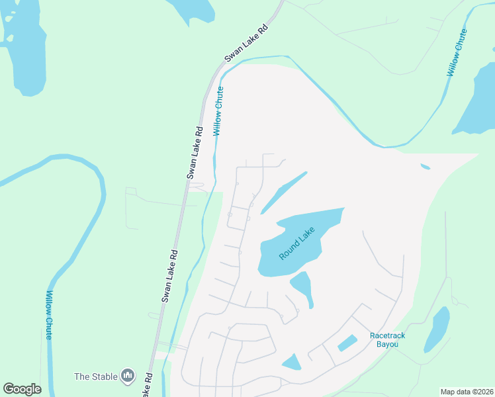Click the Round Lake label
(296, 243)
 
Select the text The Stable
(96, 376)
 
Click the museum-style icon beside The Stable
(128, 376)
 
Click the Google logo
(22, 389)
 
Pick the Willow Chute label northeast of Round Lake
(457, 52)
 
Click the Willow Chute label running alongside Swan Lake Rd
(218, 111)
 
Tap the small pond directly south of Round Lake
(302, 286)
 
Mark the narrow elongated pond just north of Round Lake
(285, 193)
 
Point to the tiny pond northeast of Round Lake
(425, 167)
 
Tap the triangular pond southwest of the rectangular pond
(291, 362)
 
